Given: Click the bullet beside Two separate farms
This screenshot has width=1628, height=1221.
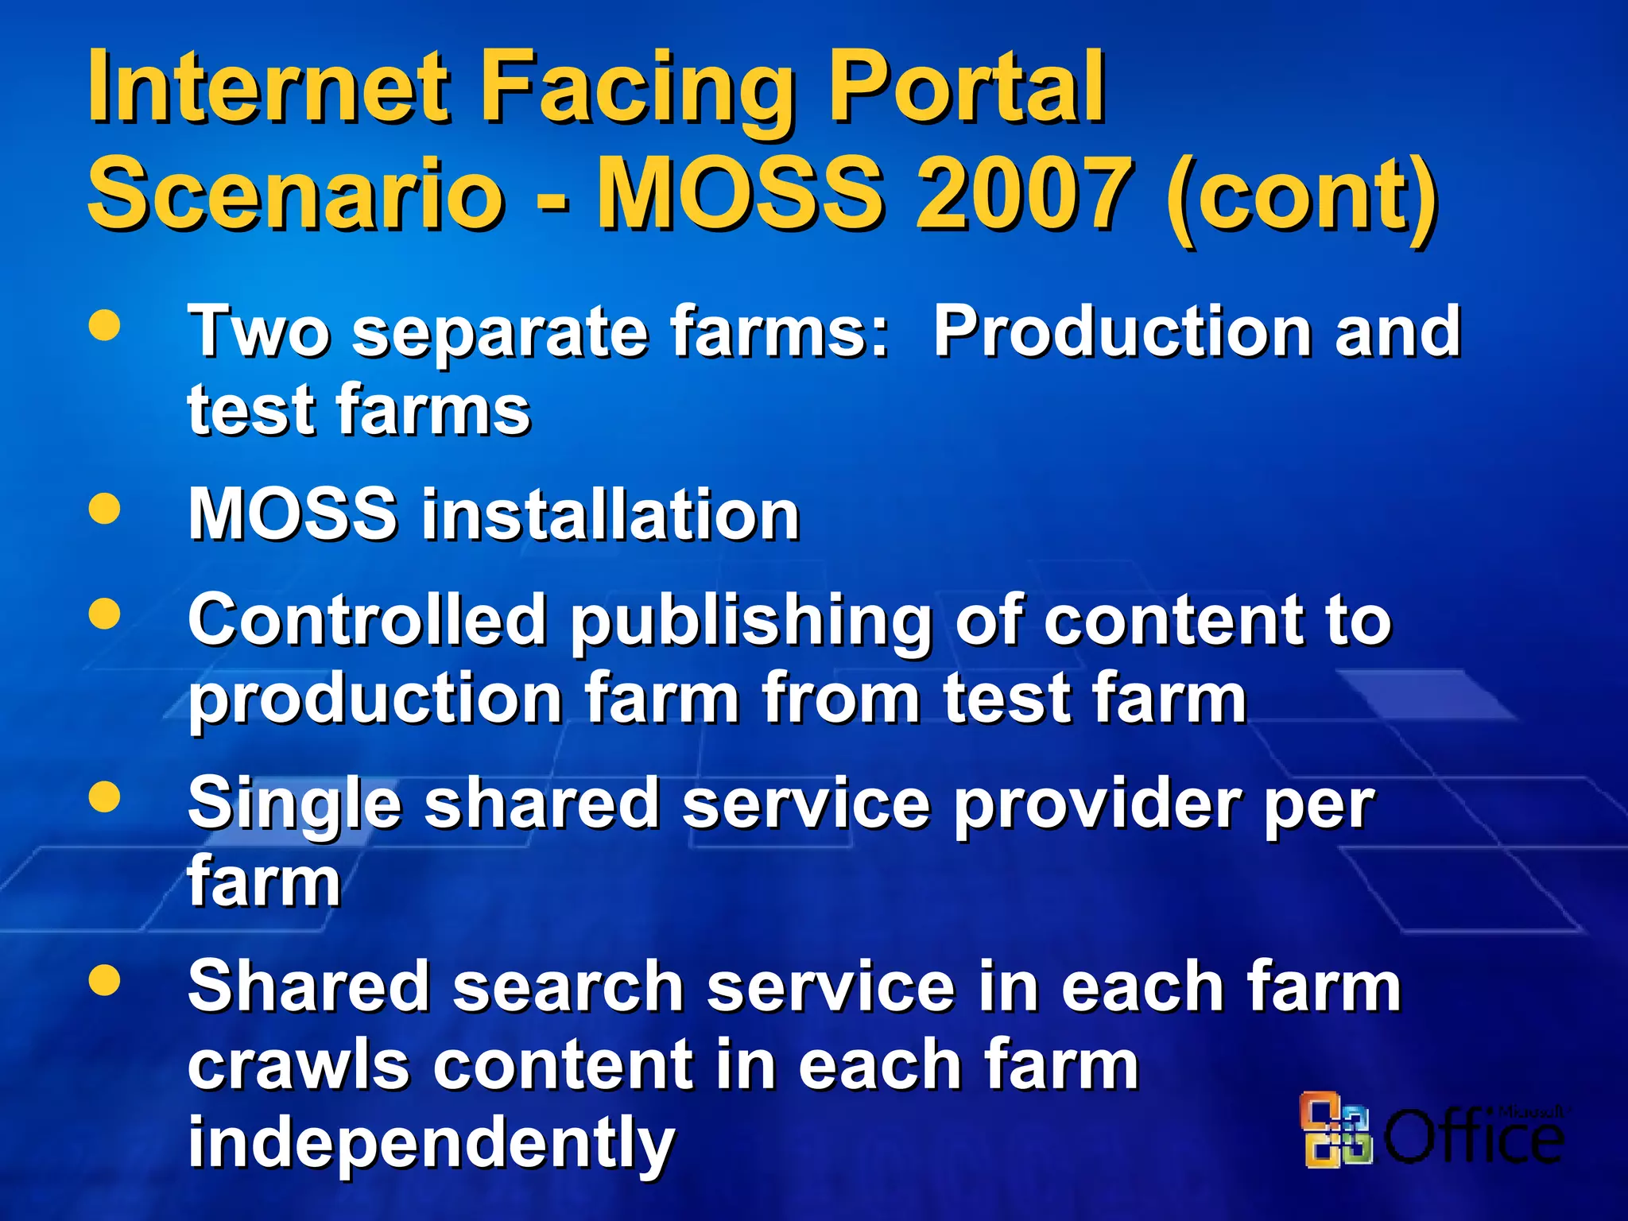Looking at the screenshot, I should (x=105, y=325).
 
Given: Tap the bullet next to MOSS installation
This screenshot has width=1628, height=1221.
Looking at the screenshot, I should (x=105, y=509).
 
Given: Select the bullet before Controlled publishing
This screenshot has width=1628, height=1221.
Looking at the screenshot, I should (x=105, y=613).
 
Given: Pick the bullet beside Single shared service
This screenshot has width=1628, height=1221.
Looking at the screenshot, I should (x=105, y=797).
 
